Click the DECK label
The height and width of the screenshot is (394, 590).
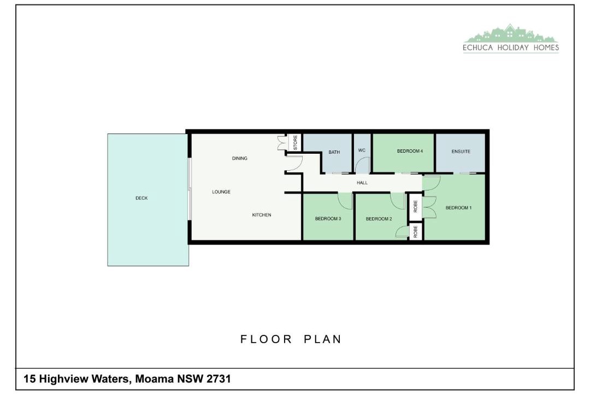click(141, 198)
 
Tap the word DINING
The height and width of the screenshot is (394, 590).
click(240, 158)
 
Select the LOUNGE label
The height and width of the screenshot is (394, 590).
click(221, 192)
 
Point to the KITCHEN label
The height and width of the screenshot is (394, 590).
click(262, 215)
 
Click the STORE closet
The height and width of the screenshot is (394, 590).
click(295, 142)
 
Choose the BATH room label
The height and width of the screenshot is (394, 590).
click(334, 152)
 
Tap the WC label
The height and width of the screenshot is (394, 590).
click(362, 150)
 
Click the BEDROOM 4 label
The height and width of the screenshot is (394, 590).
click(410, 151)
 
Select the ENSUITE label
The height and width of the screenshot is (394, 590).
click(461, 152)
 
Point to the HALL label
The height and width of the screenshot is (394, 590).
click(362, 183)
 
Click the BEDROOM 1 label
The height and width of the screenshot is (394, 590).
click(458, 208)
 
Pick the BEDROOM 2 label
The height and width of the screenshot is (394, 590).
click(379, 219)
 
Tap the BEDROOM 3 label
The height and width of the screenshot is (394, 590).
click(328, 219)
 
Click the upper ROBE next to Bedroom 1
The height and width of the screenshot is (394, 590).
click(415, 206)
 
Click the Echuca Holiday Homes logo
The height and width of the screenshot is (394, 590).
click(511, 38)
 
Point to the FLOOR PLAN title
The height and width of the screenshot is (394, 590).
click(291, 339)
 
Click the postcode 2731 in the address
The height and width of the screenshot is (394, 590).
click(219, 379)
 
